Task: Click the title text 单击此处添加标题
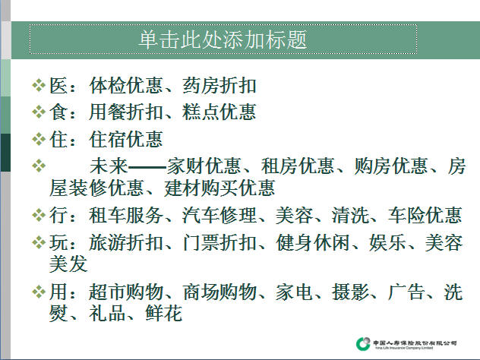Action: (x=223, y=39)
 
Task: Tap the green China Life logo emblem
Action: (x=363, y=344)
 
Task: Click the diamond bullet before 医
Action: (x=39, y=85)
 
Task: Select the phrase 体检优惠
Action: (x=126, y=85)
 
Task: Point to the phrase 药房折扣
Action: (x=219, y=85)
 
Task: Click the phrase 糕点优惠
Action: (x=219, y=112)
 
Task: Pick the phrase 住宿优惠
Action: (x=126, y=139)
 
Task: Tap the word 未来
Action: (x=109, y=166)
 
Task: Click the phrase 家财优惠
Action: (x=204, y=166)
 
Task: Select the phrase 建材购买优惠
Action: (x=219, y=188)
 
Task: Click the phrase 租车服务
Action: (x=126, y=215)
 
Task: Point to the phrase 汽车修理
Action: (x=219, y=215)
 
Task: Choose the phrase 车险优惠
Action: (x=425, y=215)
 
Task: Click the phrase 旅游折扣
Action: (x=126, y=242)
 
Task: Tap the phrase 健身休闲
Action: (x=313, y=242)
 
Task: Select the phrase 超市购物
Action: (x=126, y=292)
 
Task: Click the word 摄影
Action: (x=350, y=292)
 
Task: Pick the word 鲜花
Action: (x=164, y=313)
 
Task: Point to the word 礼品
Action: (x=107, y=313)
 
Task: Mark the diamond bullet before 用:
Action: (x=39, y=292)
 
